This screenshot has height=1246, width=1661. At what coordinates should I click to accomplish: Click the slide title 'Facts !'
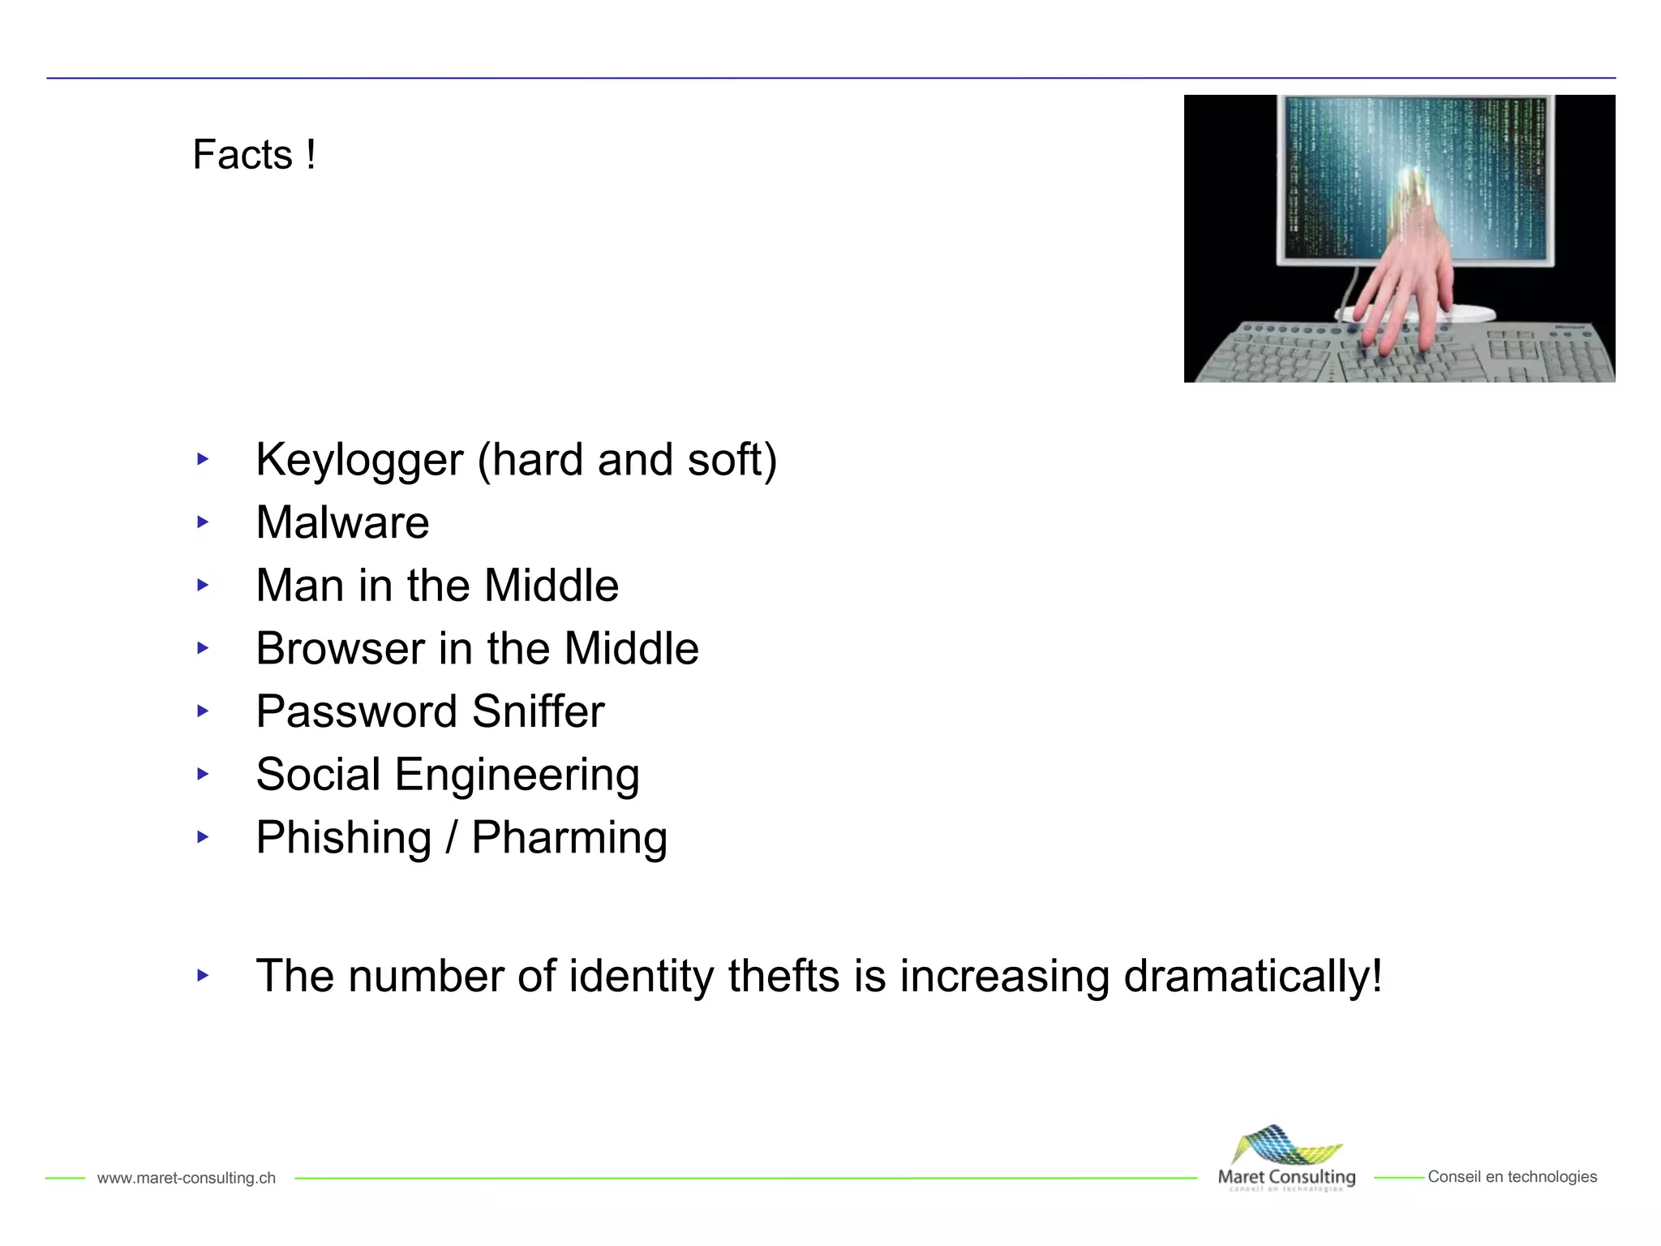254,154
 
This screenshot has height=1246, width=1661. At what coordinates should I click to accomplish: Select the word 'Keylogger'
359,460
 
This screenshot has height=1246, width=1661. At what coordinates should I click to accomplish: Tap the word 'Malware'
342,522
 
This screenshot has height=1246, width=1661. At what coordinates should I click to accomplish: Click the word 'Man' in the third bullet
300,586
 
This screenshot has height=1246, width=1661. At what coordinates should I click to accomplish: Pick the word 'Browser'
340,649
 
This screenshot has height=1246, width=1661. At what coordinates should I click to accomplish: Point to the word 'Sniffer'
538,711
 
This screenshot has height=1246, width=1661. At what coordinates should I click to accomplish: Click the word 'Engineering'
517,776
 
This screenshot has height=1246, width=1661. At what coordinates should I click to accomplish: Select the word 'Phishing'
343,838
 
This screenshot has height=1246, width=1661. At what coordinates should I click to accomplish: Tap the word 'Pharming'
569,838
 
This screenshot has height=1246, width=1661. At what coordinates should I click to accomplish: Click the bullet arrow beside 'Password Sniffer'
203,711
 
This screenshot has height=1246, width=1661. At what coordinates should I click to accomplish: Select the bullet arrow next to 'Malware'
203,522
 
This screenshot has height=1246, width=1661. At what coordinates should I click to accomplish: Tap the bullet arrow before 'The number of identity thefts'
203,975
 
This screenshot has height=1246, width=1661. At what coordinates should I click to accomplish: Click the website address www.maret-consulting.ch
186,1178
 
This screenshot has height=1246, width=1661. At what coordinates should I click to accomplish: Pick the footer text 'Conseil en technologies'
1512,1177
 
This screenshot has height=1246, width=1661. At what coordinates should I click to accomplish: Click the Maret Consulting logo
1286,1158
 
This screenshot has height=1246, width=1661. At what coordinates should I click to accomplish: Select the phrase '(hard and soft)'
627,460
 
